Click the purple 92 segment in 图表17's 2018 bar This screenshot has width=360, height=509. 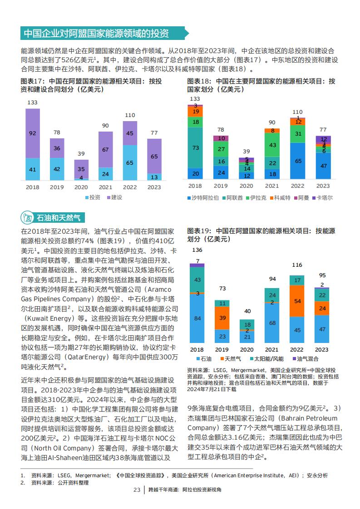coord(33,133)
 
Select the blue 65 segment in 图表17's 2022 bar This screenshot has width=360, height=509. coord(130,162)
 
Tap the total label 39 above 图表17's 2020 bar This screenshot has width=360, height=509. coord(81,153)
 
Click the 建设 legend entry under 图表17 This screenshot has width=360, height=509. coord(115,197)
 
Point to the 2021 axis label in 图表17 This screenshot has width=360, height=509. coord(105,187)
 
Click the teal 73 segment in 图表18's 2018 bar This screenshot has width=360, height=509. coord(195,148)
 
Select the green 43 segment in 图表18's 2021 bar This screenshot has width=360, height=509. coord(272,145)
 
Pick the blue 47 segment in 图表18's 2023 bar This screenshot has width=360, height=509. coord(323,166)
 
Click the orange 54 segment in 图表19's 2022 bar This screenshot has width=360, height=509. coord(297,301)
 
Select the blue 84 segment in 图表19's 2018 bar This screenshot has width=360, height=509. coord(197,318)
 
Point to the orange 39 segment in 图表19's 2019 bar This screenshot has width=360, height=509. coord(222,318)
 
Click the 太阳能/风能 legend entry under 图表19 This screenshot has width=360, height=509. coord(267,359)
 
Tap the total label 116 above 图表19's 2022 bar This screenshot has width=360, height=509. coord(297,265)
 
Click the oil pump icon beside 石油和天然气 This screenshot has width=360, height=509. coord(27,217)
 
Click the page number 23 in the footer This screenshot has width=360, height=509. coord(137,490)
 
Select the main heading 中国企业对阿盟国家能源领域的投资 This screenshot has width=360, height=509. coord(96,34)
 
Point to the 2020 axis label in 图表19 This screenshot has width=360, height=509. coord(247,350)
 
